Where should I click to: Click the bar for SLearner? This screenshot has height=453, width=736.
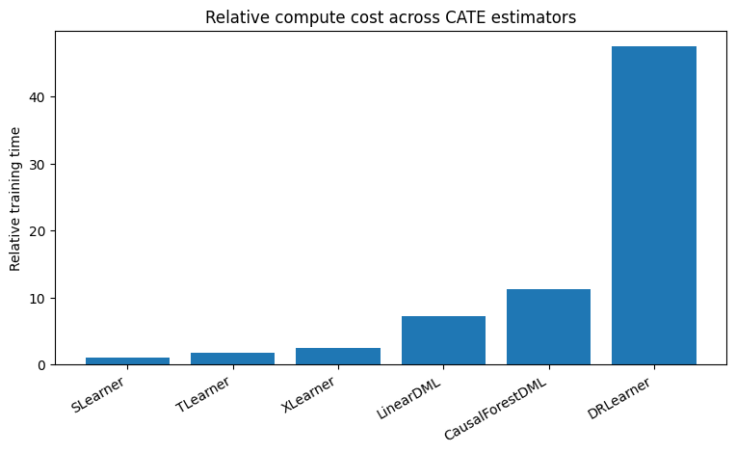(x=127, y=361)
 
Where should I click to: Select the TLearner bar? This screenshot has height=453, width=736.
(x=232, y=359)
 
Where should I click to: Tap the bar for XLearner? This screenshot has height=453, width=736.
(x=337, y=357)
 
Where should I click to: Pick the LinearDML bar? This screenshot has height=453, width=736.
(x=443, y=341)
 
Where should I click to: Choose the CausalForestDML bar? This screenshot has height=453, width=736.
(x=548, y=328)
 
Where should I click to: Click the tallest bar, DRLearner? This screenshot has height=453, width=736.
(x=653, y=206)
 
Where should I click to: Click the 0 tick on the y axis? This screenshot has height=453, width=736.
(x=41, y=365)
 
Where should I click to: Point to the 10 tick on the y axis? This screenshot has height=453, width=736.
(x=38, y=299)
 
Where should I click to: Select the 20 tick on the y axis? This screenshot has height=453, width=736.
(x=38, y=231)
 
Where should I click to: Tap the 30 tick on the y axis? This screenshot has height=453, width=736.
(x=38, y=165)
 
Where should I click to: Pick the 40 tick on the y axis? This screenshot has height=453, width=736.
(x=38, y=97)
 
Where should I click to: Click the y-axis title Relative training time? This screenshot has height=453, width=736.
(x=15, y=198)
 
